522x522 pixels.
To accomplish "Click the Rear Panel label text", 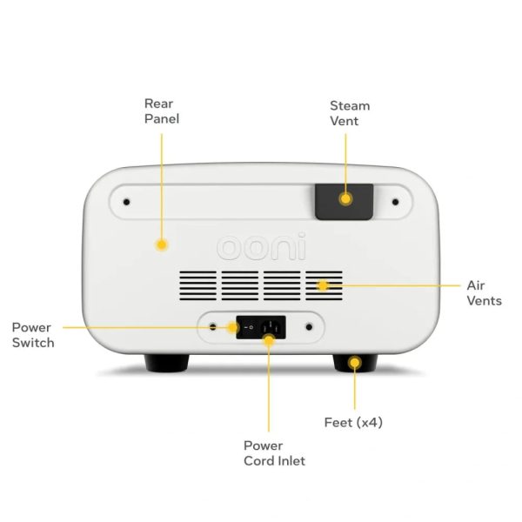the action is coord(162,111).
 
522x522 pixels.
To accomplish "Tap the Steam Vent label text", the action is coord(350,113).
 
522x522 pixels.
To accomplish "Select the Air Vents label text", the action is coord(484,293).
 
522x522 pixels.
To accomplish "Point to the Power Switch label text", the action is coord(33,335).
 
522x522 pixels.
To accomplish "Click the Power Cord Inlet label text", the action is coord(274,453).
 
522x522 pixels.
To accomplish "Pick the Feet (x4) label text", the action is coord(353,423).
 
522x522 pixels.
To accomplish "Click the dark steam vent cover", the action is coord(345,202).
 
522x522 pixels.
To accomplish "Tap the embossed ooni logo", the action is coord(261,246).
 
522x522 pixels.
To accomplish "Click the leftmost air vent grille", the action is coord(197,285).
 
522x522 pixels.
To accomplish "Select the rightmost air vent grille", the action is coord(324,285).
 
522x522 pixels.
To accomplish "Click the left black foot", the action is coord(166,363).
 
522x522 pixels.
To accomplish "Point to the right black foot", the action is coord(355,363).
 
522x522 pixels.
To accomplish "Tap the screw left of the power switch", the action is coord(213,327).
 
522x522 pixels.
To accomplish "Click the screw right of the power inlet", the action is coord(309,327).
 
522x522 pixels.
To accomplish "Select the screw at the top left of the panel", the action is coord(126,202).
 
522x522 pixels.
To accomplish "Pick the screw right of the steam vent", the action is coord(396,202).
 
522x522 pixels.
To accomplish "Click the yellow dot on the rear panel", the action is coord(162,245).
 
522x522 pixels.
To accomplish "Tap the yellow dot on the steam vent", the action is coord(345,198).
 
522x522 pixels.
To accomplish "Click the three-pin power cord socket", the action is coord(272,327).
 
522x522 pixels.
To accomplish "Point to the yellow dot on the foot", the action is coord(355,363).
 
